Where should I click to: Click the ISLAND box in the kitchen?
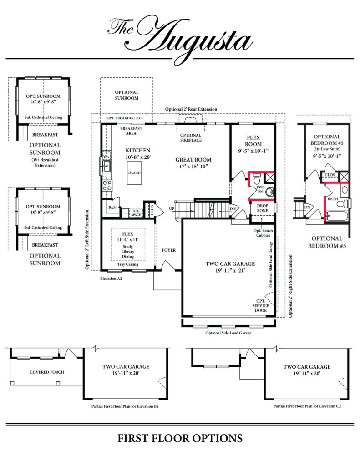(x=134, y=172)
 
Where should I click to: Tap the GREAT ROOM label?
(x=193, y=160)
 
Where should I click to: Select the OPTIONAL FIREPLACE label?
(x=191, y=138)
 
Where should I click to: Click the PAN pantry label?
(x=112, y=208)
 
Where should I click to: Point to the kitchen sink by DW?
(x=106, y=166)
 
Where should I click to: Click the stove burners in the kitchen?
(x=107, y=185)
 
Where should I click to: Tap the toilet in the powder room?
(x=257, y=179)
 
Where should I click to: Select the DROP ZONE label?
(x=263, y=208)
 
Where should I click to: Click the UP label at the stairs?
(x=172, y=208)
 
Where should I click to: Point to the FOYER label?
(x=169, y=250)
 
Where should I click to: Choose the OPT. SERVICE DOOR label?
(x=261, y=306)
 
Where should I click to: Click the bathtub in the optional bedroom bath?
(x=336, y=216)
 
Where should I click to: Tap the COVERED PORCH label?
(x=47, y=372)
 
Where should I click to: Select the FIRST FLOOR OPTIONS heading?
(x=180, y=438)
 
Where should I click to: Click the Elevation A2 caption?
(x=111, y=279)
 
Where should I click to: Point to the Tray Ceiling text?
(x=128, y=264)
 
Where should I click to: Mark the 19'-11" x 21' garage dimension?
(x=230, y=271)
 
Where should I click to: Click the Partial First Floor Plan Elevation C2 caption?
(x=307, y=406)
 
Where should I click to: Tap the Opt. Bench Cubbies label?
(x=263, y=233)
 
